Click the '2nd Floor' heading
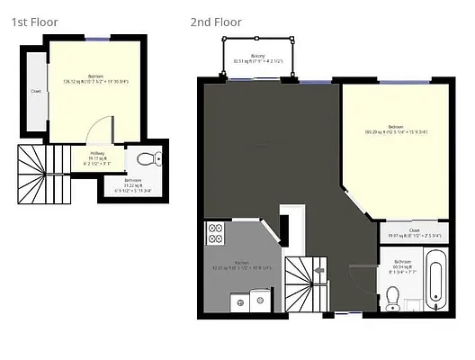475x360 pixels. coord(216,22)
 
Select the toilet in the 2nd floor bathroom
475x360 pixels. coord(392,297)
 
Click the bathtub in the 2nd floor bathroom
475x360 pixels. coord(435,282)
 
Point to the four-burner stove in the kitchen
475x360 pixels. coord(216,233)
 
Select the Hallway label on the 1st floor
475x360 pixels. coord(97,154)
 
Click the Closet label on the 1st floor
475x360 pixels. coord(36,91)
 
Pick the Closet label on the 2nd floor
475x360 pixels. coord(414,230)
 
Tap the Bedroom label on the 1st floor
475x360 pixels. coord(95,76)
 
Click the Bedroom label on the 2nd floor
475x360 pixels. coord(396,127)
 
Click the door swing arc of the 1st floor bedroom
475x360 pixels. coord(107,131)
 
